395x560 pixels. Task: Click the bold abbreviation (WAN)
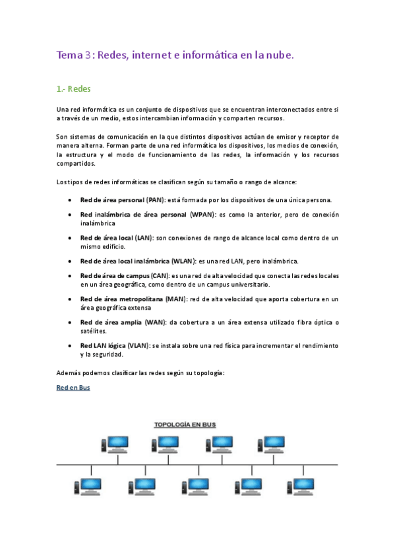(155, 322)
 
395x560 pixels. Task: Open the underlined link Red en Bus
(73, 388)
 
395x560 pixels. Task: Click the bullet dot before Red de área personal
(71, 199)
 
